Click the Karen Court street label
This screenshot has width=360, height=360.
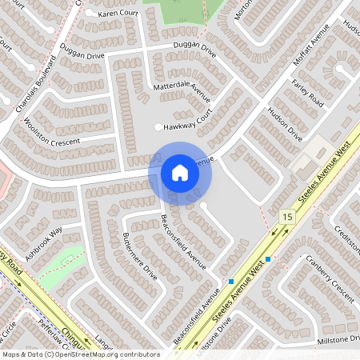coord(118,14)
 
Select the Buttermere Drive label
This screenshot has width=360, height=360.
coord(140,254)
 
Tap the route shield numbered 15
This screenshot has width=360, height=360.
coord(286,217)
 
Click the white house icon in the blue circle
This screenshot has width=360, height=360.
coord(180,173)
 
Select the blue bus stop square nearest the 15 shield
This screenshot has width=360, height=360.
coord(268,259)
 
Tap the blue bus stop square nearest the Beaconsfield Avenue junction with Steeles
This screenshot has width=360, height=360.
coord(230,282)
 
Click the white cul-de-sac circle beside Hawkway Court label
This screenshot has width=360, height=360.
coord(158,127)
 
